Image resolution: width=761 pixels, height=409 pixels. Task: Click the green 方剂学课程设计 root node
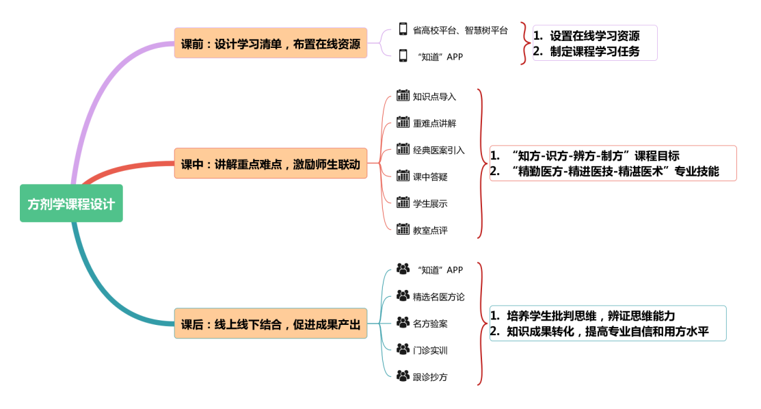[71, 203]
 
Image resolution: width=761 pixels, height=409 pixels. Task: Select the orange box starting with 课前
[270, 44]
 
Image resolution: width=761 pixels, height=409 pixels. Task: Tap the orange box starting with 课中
[270, 163]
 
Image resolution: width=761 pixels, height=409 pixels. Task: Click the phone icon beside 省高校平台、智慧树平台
[403, 29]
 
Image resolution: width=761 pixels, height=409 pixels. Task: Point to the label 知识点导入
[434, 96]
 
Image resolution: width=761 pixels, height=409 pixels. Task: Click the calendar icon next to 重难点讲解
[403, 123]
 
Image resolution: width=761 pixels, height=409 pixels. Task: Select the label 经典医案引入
[438, 150]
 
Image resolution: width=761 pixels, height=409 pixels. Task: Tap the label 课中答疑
[430, 176]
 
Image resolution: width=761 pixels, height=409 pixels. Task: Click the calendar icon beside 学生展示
[403, 203]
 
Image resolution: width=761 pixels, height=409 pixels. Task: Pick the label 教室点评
[430, 230]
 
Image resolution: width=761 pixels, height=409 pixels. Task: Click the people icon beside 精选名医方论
[403, 296]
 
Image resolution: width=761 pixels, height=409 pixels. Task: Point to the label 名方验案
[430, 324]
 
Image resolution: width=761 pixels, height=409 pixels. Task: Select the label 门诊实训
[430, 350]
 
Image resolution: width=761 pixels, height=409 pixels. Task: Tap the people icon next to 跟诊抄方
[403, 376]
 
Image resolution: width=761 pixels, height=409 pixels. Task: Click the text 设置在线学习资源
[594, 36]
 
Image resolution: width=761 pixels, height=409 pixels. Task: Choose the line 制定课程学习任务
[594, 51]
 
